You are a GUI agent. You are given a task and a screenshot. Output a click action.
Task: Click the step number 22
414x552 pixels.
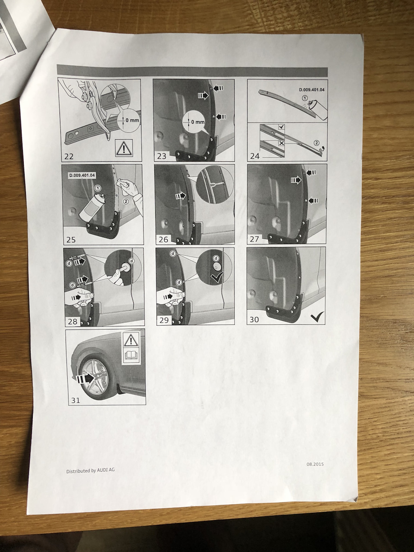(69, 157)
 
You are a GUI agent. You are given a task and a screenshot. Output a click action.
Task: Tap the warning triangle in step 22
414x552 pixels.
(124, 147)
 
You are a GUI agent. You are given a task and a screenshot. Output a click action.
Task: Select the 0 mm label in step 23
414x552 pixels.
(198, 122)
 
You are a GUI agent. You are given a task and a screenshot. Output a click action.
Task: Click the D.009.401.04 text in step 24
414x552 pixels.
(312, 90)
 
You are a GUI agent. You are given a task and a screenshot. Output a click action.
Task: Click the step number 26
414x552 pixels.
(163, 239)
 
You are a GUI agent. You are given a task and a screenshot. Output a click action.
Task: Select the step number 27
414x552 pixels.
(254, 238)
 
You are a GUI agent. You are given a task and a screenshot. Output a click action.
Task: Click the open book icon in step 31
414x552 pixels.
(131, 354)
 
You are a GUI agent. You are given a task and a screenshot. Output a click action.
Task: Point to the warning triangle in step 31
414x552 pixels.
(131, 340)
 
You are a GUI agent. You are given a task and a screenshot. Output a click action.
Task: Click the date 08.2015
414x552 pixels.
(315, 464)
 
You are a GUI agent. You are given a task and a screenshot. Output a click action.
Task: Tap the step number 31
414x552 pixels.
(75, 400)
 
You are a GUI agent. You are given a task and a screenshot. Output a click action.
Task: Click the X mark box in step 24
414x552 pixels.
(282, 143)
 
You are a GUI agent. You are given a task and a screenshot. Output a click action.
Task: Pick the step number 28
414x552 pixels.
(72, 321)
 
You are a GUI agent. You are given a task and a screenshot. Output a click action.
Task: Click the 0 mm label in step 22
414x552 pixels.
(132, 120)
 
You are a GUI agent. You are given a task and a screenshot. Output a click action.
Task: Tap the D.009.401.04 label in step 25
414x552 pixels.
(82, 175)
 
